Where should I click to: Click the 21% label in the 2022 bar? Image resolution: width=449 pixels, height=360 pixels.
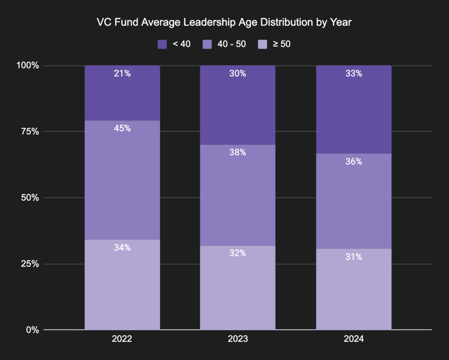[122, 74]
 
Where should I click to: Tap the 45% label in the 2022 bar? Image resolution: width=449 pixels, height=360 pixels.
[122, 128]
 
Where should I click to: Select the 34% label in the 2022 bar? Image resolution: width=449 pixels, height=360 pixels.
[122, 247]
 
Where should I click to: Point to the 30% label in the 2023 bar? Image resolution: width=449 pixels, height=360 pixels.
[238, 74]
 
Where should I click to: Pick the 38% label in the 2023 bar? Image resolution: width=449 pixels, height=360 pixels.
[238, 152]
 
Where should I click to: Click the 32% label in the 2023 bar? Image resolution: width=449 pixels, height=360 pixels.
[238, 253]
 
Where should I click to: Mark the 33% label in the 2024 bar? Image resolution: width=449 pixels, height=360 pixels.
[353, 74]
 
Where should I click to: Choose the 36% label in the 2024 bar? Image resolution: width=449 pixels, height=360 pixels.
[353, 161]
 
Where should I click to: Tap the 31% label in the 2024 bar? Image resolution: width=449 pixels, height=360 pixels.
[353, 257]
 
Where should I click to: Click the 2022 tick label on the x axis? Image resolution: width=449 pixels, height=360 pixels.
[122, 339]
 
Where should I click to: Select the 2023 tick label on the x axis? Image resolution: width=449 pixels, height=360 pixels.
[238, 339]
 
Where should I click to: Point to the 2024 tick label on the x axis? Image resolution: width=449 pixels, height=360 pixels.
[353, 339]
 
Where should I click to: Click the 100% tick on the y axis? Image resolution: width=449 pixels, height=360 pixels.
[28, 66]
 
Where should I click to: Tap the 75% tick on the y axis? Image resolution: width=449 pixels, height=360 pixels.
[30, 132]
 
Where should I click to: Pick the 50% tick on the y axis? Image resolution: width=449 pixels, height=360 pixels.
[30, 198]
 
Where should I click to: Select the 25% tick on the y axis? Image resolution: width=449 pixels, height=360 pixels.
[30, 264]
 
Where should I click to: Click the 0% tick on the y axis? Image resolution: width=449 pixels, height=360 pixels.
[32, 330]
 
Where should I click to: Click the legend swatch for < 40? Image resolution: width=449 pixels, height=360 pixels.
[162, 45]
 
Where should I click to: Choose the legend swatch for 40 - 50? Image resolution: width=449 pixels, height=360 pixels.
[207, 45]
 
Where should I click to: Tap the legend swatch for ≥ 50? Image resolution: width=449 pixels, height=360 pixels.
[263, 45]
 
